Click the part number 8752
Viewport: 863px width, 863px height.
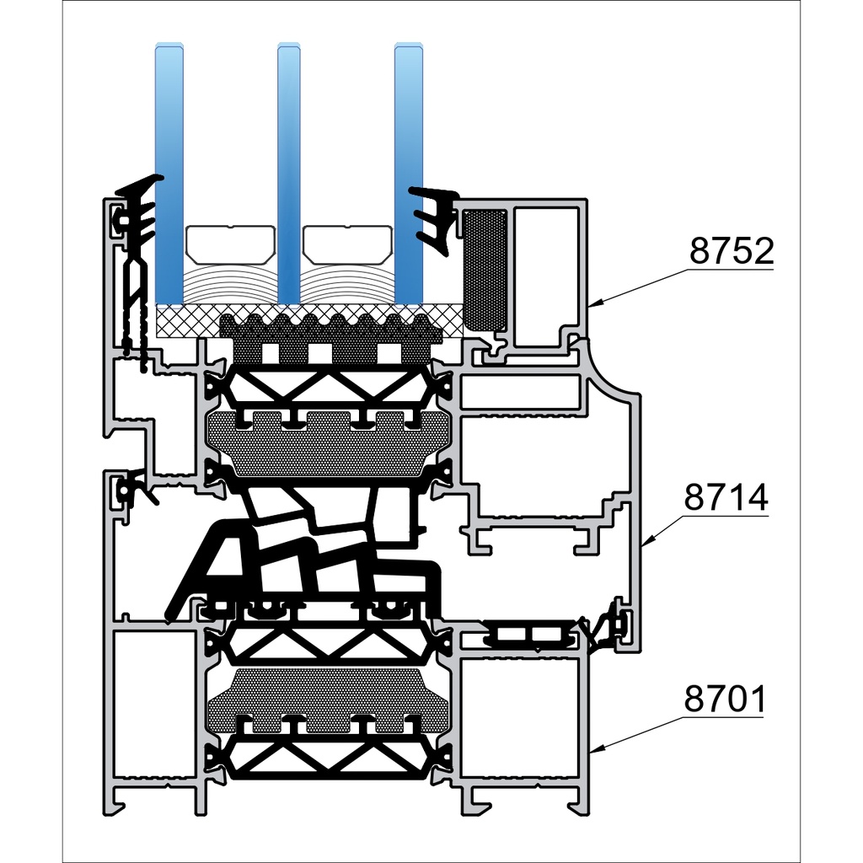[x=731, y=251]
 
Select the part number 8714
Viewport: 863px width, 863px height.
[x=726, y=498]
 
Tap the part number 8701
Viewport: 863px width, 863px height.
[x=724, y=700]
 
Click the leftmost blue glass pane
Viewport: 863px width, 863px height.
[x=169, y=169]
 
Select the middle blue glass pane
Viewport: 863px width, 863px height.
[x=289, y=169]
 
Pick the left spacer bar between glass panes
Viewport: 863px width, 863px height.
[x=229, y=243]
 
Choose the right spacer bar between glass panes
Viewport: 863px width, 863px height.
[x=348, y=243]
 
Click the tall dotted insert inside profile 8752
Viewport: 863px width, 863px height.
[x=485, y=270]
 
